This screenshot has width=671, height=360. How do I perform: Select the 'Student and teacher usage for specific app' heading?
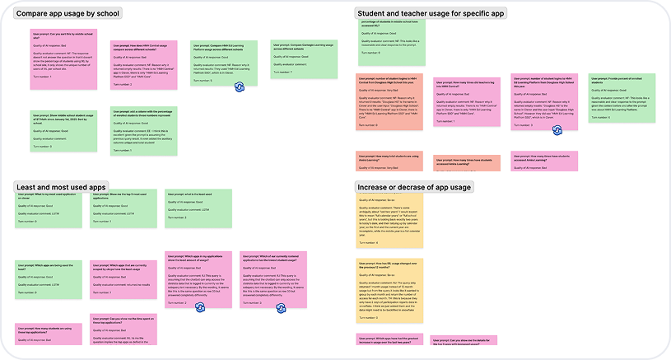tap(431, 13)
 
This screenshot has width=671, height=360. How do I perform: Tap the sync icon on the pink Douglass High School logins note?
tap(557, 129)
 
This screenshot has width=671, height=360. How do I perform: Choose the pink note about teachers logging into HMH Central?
tap(465, 101)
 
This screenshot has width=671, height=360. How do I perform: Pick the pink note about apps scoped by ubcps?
tap(123, 280)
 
